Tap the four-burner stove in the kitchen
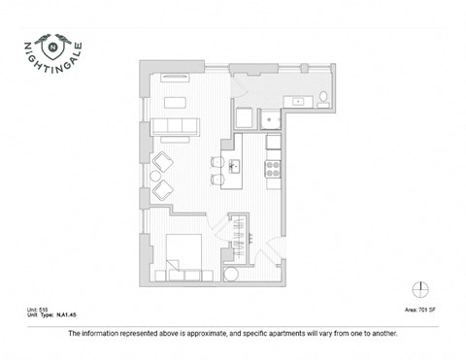point(274,166)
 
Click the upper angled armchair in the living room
point(163,160)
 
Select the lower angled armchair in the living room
point(162,188)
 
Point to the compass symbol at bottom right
point(419,289)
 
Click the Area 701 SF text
point(418,311)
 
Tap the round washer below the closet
point(231,274)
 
